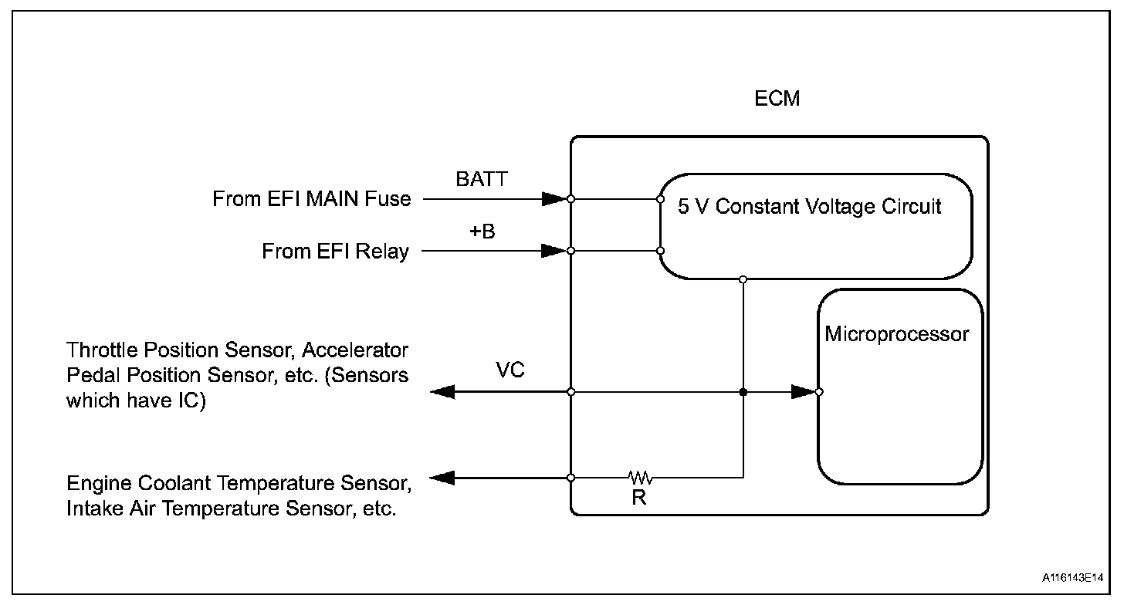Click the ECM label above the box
[x=777, y=98]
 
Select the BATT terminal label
[x=482, y=179]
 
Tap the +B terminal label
[x=482, y=232]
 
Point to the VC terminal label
[x=510, y=370]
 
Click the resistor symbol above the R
[x=641, y=477]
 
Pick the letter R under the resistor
[x=638, y=498]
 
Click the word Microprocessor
[x=897, y=334]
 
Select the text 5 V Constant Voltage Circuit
[x=809, y=206]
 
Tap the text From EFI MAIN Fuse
[x=312, y=198]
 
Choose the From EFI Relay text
[x=335, y=252]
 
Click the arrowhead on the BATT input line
[x=554, y=198]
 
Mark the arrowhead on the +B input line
[x=554, y=250]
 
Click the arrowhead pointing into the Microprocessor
[x=804, y=392]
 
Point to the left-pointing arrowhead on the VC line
[x=442, y=392]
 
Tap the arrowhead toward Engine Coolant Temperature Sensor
[x=442, y=478]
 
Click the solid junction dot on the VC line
[x=743, y=392]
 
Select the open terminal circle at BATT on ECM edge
[x=570, y=198]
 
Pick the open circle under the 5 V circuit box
[x=743, y=279]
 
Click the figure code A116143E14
[x=1072, y=577]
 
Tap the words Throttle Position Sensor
[x=180, y=350]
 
